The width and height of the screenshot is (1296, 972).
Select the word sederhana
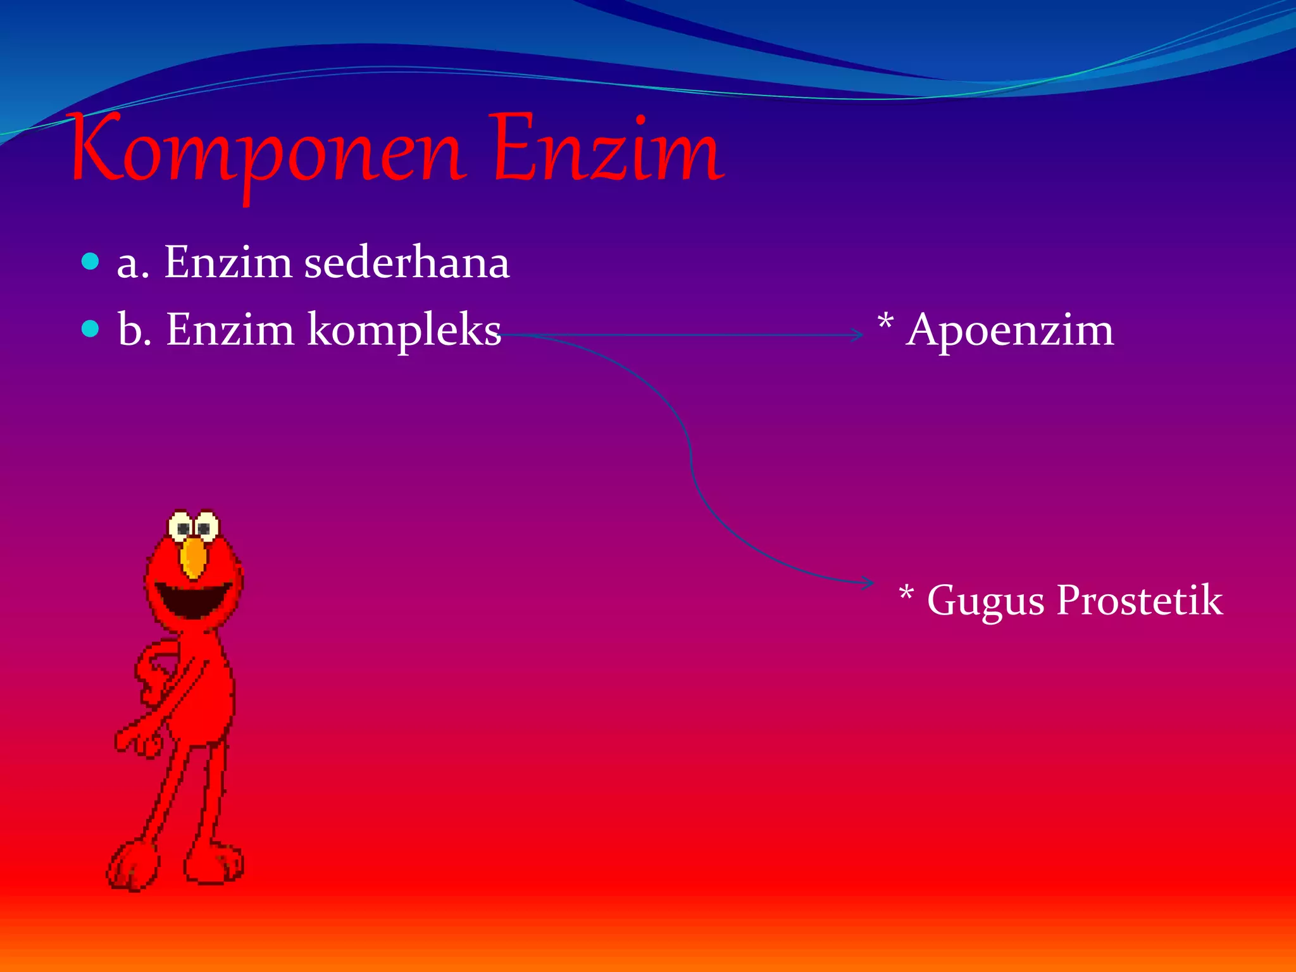pos(406,262)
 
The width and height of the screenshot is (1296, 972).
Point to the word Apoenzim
pos(1010,330)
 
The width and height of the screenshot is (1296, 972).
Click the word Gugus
pos(985,601)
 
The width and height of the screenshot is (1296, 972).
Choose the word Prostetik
pos(1140,599)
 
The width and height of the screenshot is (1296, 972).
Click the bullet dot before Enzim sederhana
pos(91,261)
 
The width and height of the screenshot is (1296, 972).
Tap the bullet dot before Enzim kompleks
pos(91,328)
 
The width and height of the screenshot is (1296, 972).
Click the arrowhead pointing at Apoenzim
pos(857,335)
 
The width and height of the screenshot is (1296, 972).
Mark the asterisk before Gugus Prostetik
pos(906,594)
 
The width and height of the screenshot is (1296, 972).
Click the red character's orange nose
pos(193,558)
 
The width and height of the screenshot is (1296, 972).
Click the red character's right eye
pos(205,527)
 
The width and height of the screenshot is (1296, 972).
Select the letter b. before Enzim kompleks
pos(134,330)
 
